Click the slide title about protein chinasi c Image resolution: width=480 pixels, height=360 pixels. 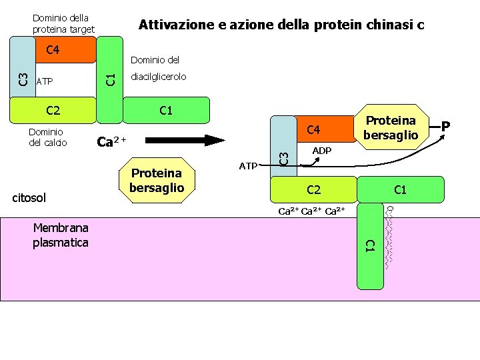tap(281, 25)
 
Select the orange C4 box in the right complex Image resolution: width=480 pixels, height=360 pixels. tap(313, 129)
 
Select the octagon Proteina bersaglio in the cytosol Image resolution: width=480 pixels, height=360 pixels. tap(157, 181)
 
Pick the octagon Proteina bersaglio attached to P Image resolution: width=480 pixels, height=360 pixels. tap(391, 127)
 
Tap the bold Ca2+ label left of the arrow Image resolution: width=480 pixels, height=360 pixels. tap(111, 141)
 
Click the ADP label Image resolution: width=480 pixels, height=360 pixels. tap(322, 151)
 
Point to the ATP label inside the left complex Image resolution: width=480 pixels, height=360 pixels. tap(45, 82)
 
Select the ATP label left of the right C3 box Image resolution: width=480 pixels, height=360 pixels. tap(247, 165)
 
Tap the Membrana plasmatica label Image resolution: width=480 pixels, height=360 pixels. tap(60, 235)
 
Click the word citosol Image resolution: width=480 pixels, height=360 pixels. tap(30, 198)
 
